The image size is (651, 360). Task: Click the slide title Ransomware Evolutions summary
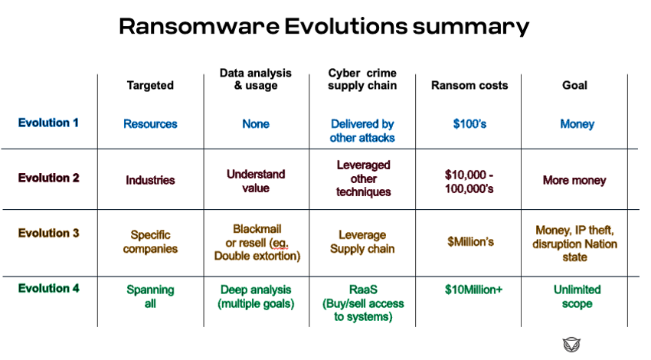tap(324, 26)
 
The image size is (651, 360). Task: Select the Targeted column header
tap(150, 85)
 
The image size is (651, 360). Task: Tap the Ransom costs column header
tap(469, 85)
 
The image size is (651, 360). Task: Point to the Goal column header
tap(574, 85)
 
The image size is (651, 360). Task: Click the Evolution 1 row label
tap(48, 123)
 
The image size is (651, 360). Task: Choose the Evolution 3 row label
tap(48, 233)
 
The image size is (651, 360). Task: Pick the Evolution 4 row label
tap(48, 288)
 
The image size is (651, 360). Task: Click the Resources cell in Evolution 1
tap(150, 124)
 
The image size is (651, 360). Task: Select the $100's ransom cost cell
tap(469, 124)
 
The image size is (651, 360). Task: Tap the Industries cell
tap(150, 180)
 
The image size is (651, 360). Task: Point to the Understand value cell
tap(256, 181)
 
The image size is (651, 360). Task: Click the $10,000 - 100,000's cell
tap(469, 182)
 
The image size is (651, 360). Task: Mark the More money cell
tap(574, 180)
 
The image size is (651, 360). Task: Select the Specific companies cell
tap(150, 242)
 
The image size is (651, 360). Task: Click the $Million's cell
tap(470, 242)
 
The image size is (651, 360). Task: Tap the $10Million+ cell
tap(473, 290)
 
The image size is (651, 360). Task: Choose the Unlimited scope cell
tap(577, 296)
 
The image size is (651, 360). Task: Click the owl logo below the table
tap(571, 345)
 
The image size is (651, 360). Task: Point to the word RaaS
tap(363, 290)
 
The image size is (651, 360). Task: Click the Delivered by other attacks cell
tap(362, 131)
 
